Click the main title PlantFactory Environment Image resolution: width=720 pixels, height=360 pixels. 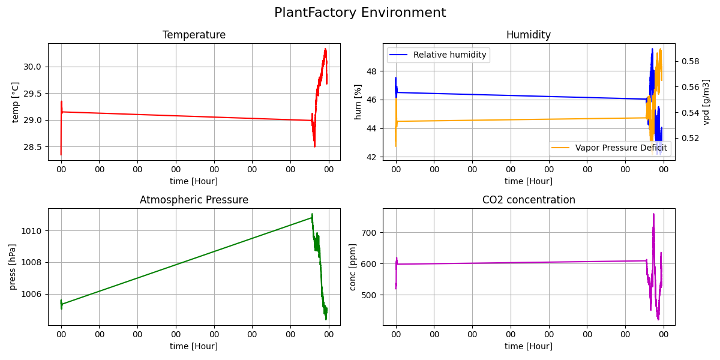pyautogui.click(x=360, y=13)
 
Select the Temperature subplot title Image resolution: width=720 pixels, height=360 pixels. pyautogui.click(x=194, y=35)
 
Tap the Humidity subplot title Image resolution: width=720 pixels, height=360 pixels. pyautogui.click(x=529, y=35)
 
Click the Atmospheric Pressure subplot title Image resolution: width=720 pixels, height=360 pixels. pyautogui.click(x=194, y=200)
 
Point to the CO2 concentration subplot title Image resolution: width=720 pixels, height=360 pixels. pyautogui.click(x=529, y=200)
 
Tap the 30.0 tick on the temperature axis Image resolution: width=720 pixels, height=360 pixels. pyautogui.click(x=32, y=67)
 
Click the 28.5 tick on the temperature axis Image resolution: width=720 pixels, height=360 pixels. pyautogui.click(x=32, y=147)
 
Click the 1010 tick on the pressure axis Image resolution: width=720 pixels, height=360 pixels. pyautogui.click(x=32, y=231)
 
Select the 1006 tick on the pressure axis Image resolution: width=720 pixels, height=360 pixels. pyautogui.click(x=32, y=294)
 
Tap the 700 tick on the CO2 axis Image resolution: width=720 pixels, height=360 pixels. pyautogui.click(x=370, y=232)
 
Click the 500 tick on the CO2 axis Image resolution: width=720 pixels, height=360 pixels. pyautogui.click(x=370, y=295)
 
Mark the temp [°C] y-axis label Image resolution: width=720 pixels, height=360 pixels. pyautogui.click(x=16, y=101)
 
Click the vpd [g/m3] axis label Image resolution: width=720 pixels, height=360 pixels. pyautogui.click(x=707, y=101)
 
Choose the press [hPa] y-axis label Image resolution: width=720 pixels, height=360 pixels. pyautogui.click(x=13, y=266)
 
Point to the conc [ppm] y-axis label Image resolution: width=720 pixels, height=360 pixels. pyautogui.click(x=353, y=266)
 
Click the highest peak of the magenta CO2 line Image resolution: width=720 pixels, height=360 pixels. pyautogui.click(x=653, y=214)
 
